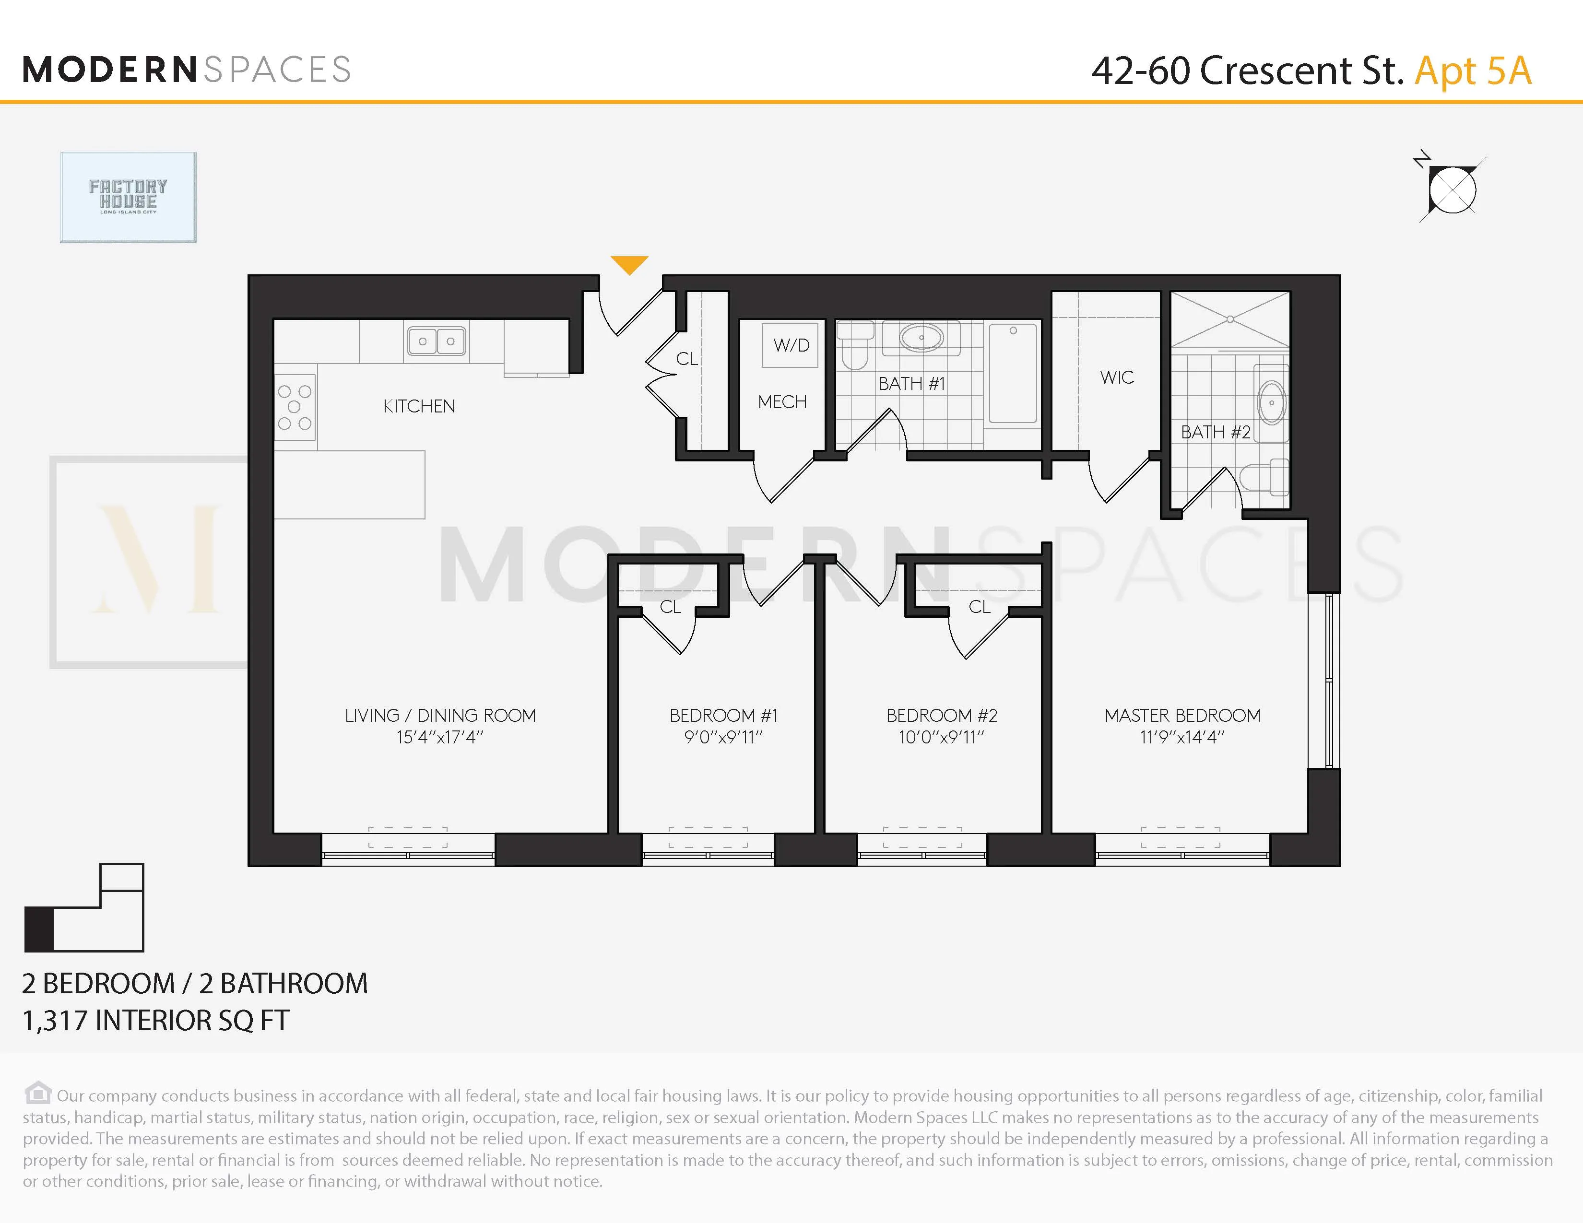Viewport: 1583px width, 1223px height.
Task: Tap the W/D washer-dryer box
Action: point(791,345)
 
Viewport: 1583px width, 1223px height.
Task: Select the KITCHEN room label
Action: point(419,406)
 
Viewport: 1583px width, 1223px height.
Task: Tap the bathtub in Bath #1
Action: point(1013,373)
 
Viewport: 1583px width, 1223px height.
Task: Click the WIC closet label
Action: point(1116,377)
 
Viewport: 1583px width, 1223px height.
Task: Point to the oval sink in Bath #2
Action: point(1271,403)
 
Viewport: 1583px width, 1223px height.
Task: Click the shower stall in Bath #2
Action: point(1230,319)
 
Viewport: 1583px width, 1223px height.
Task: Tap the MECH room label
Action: point(782,402)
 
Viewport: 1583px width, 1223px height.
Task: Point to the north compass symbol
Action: point(1451,190)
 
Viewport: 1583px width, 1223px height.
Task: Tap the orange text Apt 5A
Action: point(1473,71)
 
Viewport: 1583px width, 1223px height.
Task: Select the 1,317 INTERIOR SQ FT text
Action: point(156,1021)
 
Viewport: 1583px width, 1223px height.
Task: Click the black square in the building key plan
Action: point(39,929)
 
